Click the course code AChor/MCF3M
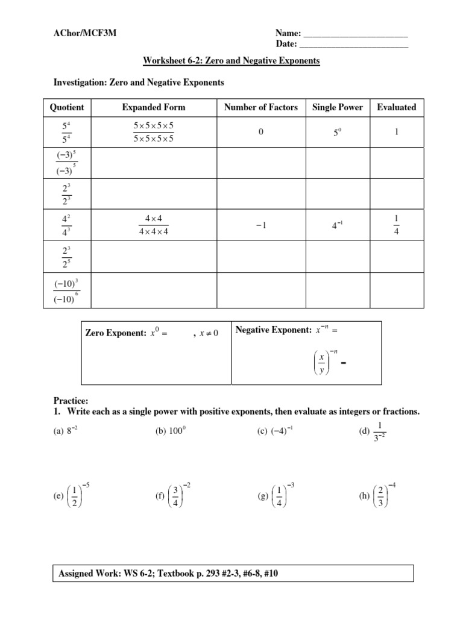(x=85, y=34)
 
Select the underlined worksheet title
(x=231, y=61)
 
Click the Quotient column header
(x=66, y=107)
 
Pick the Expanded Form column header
(x=154, y=107)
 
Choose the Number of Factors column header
(x=260, y=107)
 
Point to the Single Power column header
(x=337, y=107)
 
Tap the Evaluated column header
(x=396, y=107)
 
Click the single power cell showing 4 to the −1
(x=338, y=225)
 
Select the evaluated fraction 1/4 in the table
(x=396, y=224)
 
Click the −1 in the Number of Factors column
(x=260, y=225)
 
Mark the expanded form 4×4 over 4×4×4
(x=154, y=224)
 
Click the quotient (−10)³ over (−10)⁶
(x=67, y=291)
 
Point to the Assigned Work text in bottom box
(x=168, y=574)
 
